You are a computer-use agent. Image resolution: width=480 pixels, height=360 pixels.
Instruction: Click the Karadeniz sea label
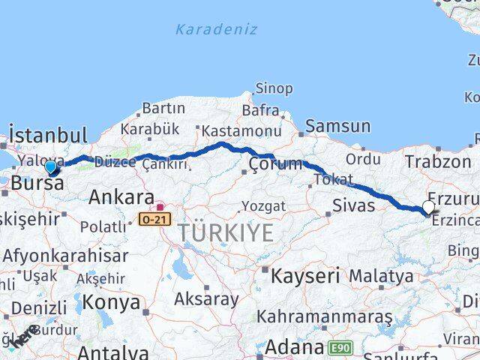click(x=215, y=30)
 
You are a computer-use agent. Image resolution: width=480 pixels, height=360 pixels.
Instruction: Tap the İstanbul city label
click(x=47, y=136)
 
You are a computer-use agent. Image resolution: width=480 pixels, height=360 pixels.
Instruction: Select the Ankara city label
click(x=121, y=198)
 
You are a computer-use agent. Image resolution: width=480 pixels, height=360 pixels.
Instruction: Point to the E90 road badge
click(x=340, y=347)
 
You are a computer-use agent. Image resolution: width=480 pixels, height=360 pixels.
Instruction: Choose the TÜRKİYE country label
click(x=226, y=233)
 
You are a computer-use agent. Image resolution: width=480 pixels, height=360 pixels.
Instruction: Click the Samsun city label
click(x=338, y=127)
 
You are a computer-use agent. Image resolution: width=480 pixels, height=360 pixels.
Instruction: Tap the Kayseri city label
click(x=305, y=275)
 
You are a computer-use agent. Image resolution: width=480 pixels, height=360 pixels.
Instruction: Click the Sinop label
click(x=274, y=88)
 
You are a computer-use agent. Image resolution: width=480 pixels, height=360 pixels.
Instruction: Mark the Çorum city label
click(x=276, y=163)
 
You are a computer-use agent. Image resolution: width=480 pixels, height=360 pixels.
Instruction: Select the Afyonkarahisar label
click(x=66, y=255)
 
